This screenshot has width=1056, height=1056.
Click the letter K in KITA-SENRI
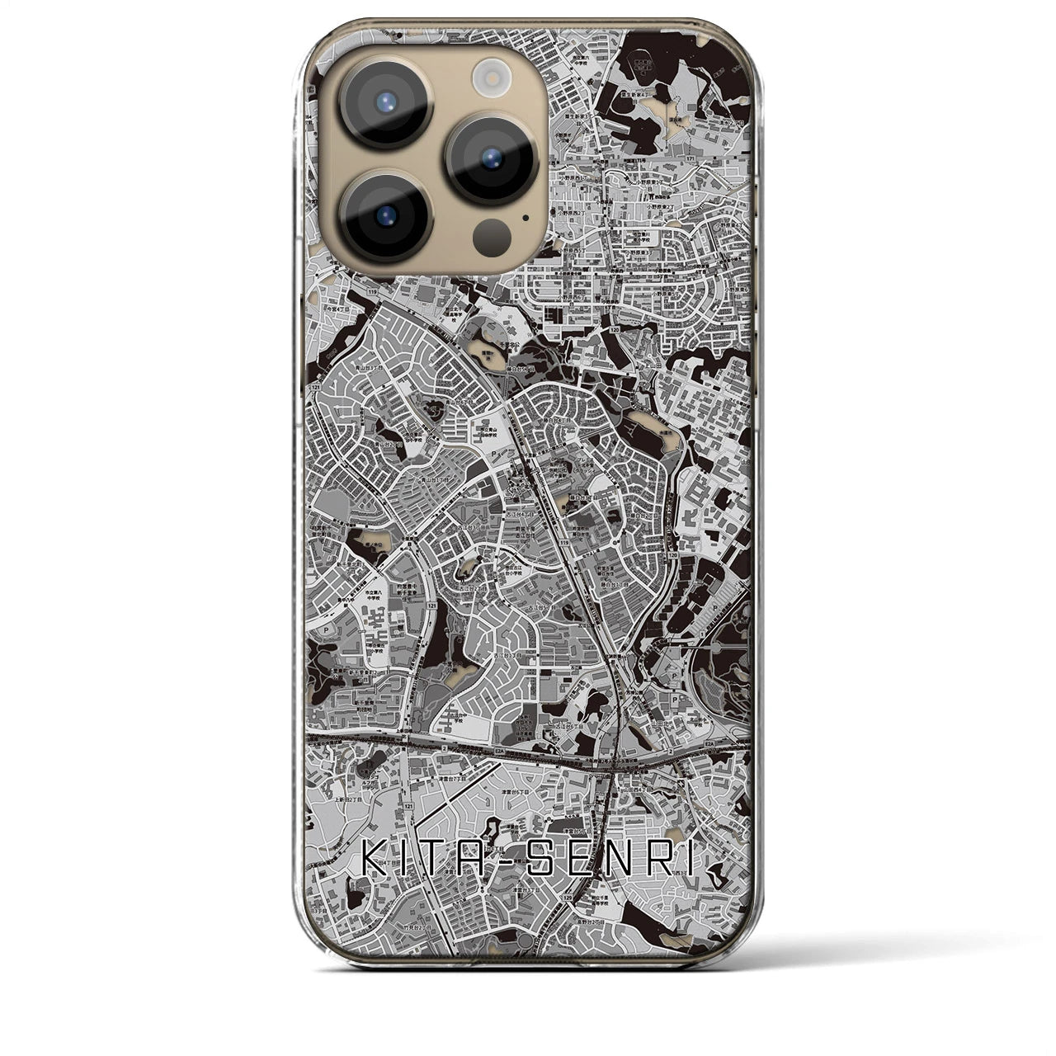(x=372, y=862)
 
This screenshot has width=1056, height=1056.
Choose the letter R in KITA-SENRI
(x=661, y=862)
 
